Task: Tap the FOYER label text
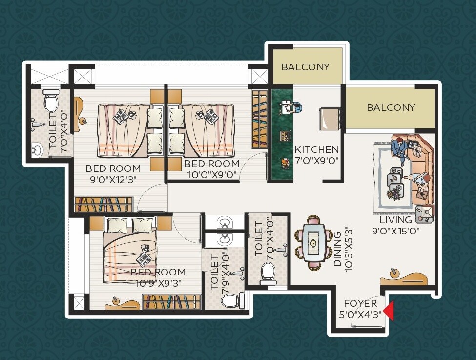click(360, 303)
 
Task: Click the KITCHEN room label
click(316, 149)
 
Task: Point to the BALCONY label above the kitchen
click(306, 67)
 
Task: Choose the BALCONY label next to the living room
click(391, 107)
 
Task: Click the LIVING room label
click(399, 220)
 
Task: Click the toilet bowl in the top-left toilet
click(51, 102)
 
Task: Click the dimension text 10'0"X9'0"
click(211, 174)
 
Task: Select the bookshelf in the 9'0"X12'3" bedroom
click(103, 204)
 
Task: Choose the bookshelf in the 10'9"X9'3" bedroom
click(171, 301)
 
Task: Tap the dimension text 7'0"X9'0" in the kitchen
click(316, 160)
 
